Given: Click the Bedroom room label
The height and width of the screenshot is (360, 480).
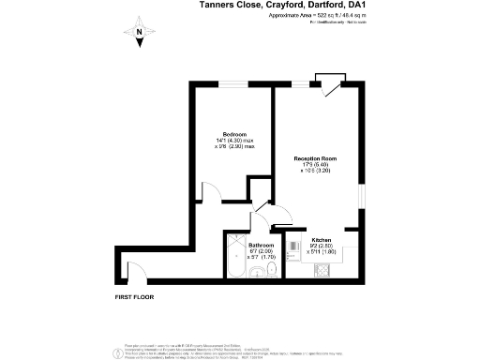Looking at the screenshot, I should pyautogui.click(x=234, y=134).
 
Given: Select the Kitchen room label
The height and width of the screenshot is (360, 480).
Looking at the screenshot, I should pyautogui.click(x=321, y=240).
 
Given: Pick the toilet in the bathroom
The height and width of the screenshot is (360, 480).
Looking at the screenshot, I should pyautogui.click(x=269, y=270).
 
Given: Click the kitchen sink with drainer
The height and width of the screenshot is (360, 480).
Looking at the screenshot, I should pyautogui.click(x=298, y=269).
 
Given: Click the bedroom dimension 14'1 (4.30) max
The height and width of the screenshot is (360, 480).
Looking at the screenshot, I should pyautogui.click(x=234, y=142).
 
